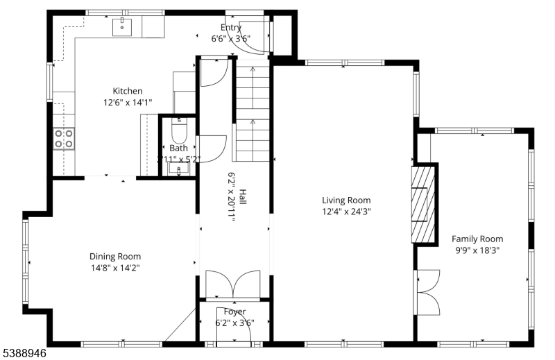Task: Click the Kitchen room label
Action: [x=128, y=91]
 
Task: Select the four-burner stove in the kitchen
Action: [x=65, y=139]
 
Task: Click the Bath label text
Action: [x=178, y=148]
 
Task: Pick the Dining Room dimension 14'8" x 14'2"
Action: [x=116, y=266]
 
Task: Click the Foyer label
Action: [x=234, y=311]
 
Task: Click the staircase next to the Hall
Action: [x=253, y=111]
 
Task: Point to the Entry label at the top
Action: [x=230, y=28]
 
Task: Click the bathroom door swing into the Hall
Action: [x=213, y=148]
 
